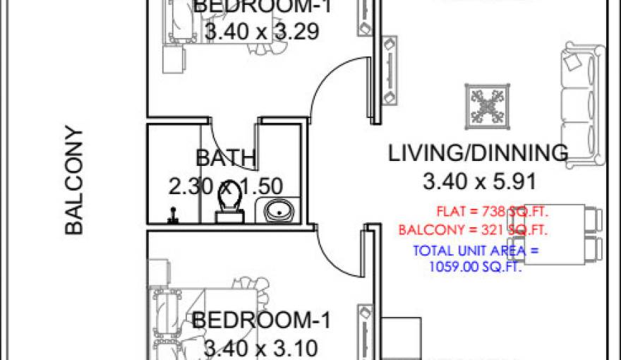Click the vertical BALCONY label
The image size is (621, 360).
74,180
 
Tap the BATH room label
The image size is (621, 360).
226,157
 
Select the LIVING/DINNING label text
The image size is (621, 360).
478,152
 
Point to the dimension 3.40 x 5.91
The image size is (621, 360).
478,182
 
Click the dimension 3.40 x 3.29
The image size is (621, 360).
262,32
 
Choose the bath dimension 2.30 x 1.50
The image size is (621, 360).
226,186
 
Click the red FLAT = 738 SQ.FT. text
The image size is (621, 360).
493,211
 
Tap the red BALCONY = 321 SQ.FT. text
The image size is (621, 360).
474,230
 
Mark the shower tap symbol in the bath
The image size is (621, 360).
172,215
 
